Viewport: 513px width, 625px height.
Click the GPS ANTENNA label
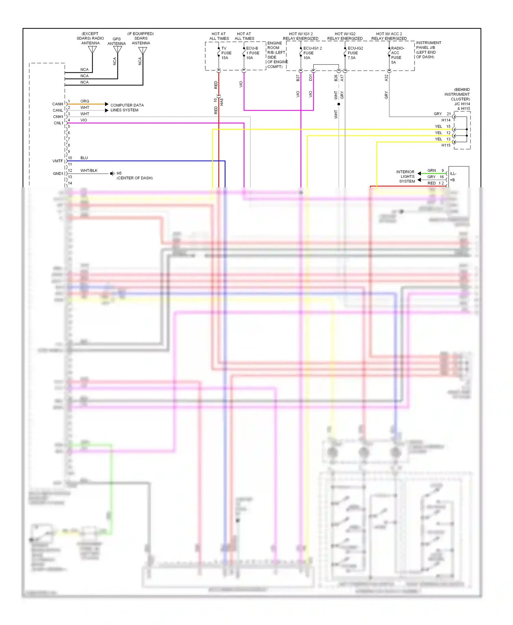tap(117, 41)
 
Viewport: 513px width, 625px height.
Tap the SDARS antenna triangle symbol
tap(143, 51)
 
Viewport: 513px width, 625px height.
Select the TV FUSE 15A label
tap(226, 53)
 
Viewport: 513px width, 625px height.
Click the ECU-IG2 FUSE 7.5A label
tap(355, 53)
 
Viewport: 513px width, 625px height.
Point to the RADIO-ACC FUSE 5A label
tap(397, 55)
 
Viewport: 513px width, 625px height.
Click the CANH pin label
tap(57, 104)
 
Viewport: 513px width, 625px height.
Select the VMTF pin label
tap(57, 161)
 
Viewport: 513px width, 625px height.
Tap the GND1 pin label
tap(58, 174)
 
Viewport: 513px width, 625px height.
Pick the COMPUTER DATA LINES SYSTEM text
tap(127, 108)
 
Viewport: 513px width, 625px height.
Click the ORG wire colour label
tap(84, 101)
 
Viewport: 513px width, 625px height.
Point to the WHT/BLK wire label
tap(89, 171)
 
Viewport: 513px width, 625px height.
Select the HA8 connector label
tap(222, 102)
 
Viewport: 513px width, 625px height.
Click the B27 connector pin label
tap(298, 78)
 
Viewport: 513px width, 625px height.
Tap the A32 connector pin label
tap(386, 78)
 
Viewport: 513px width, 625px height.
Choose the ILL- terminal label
tap(453, 174)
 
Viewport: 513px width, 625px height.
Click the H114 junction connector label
tap(446, 120)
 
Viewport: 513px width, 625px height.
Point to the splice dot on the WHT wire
tap(339, 104)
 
